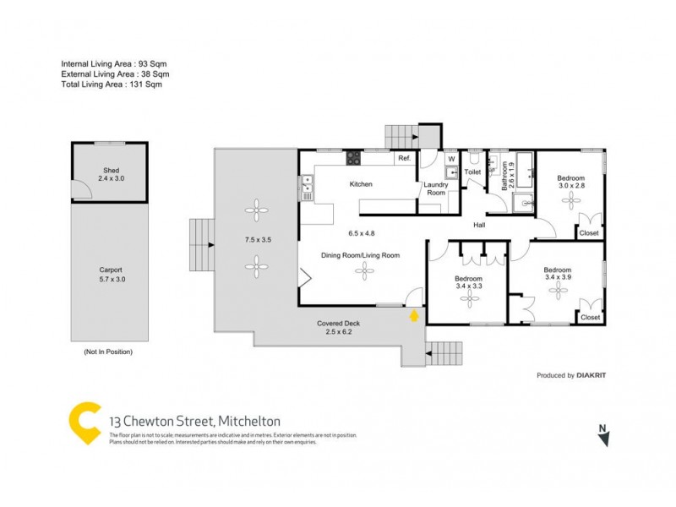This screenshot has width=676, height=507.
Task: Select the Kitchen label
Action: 361,184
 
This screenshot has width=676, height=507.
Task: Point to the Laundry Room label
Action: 435,188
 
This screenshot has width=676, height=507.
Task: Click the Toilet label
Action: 472,172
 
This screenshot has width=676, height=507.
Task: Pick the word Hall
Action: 479,225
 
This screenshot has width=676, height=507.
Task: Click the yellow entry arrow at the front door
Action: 413,316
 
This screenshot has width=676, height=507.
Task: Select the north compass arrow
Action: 602,436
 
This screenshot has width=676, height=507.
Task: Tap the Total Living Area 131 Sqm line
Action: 111,84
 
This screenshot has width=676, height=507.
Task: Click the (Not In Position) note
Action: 107,351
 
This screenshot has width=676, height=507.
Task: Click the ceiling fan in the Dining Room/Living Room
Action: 365,271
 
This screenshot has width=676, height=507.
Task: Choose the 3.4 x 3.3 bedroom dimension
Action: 468,287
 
